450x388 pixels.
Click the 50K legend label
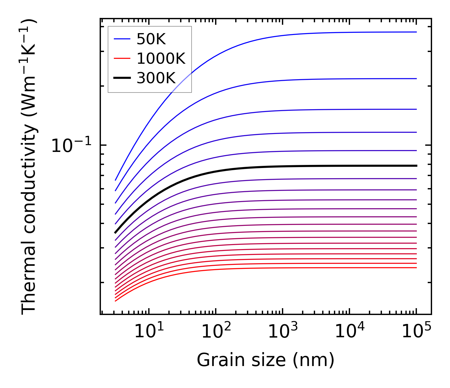pos(151,39)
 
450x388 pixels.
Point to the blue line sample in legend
pos(122,39)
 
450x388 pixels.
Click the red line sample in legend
pos(122,58)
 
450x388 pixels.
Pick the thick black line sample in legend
pos(122,78)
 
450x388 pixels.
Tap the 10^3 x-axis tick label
pos(283,332)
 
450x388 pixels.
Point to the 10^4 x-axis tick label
pos(349,332)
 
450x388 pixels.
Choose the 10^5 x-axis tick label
pos(416,332)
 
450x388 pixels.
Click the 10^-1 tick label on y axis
pos(71,145)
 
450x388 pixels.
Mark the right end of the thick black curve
pos(417,166)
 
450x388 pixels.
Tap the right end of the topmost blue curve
pos(417,32)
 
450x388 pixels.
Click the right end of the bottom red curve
pos(417,268)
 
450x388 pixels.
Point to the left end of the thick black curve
pos(115,233)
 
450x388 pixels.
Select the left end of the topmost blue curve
pos(115,180)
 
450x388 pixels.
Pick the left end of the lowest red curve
pos(115,301)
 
